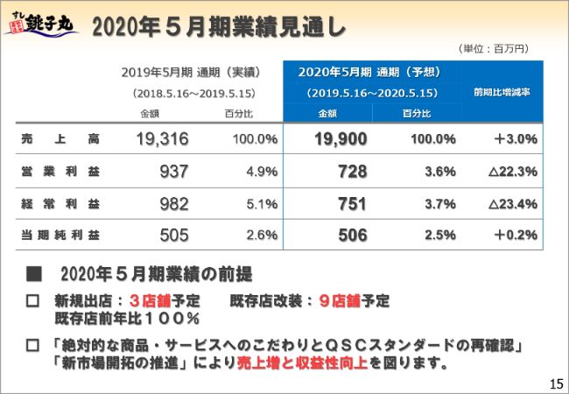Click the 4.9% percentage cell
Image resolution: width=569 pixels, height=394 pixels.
tap(262, 171)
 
